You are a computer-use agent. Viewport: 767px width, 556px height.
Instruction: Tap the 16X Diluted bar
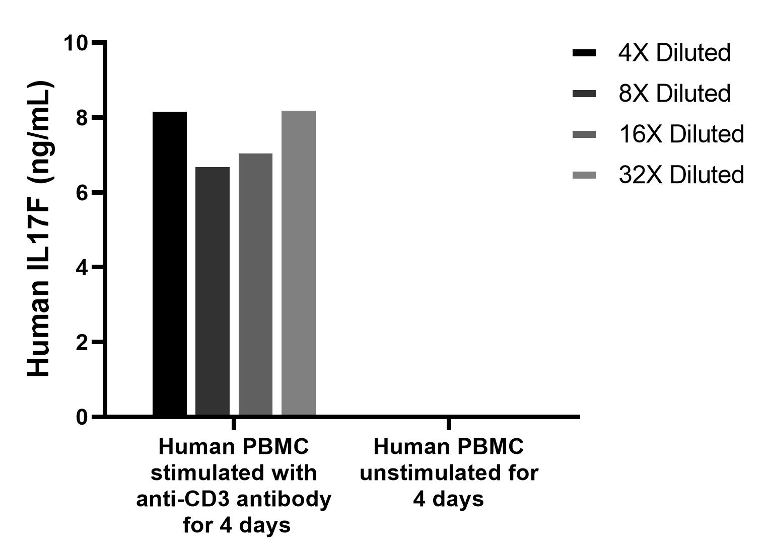255,284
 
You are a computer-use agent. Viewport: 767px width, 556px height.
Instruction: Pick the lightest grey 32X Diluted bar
298,263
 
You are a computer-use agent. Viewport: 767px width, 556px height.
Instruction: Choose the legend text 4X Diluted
674,53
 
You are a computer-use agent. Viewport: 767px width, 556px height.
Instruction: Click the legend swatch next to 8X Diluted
584,94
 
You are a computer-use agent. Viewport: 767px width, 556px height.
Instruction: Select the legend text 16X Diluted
681,134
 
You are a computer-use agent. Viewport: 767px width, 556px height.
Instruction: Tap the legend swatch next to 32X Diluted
584,175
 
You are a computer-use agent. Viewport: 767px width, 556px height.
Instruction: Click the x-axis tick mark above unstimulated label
449,423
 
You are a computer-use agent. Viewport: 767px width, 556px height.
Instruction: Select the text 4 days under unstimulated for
449,499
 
